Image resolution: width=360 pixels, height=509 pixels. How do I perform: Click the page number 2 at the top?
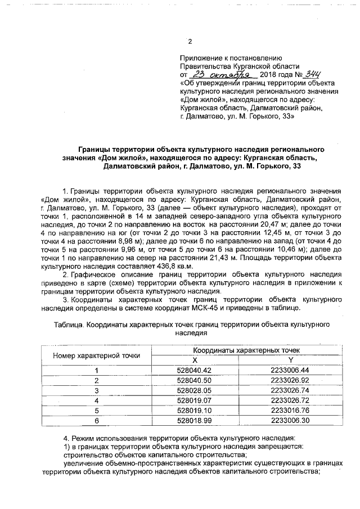pos(190,42)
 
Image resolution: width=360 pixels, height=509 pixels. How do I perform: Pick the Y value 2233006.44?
pos(290,370)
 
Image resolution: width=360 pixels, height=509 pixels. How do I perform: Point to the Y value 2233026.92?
pos(290,380)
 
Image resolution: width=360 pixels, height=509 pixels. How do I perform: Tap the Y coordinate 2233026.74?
pos(290,390)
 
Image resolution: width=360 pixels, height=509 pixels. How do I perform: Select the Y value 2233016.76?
pos(290,410)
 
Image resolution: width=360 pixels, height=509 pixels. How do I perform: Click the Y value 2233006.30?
pos(290,420)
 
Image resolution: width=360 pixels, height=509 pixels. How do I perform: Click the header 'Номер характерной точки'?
pos(96,355)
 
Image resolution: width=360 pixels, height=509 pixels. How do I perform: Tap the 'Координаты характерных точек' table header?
pos(242,350)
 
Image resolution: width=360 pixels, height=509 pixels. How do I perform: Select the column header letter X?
pos(195,360)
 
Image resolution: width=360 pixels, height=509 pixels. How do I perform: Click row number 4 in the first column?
pos(96,400)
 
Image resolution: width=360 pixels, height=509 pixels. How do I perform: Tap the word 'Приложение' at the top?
pos(200,58)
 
